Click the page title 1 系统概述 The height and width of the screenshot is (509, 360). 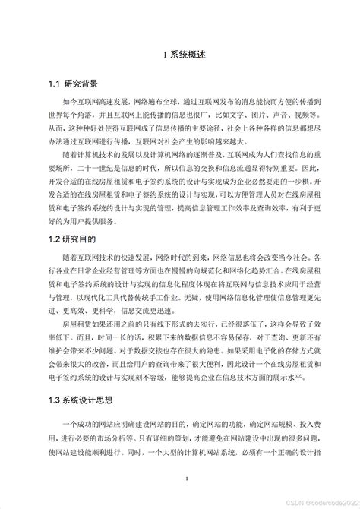[x=180, y=55]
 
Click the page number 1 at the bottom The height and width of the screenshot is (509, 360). [x=180, y=479]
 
